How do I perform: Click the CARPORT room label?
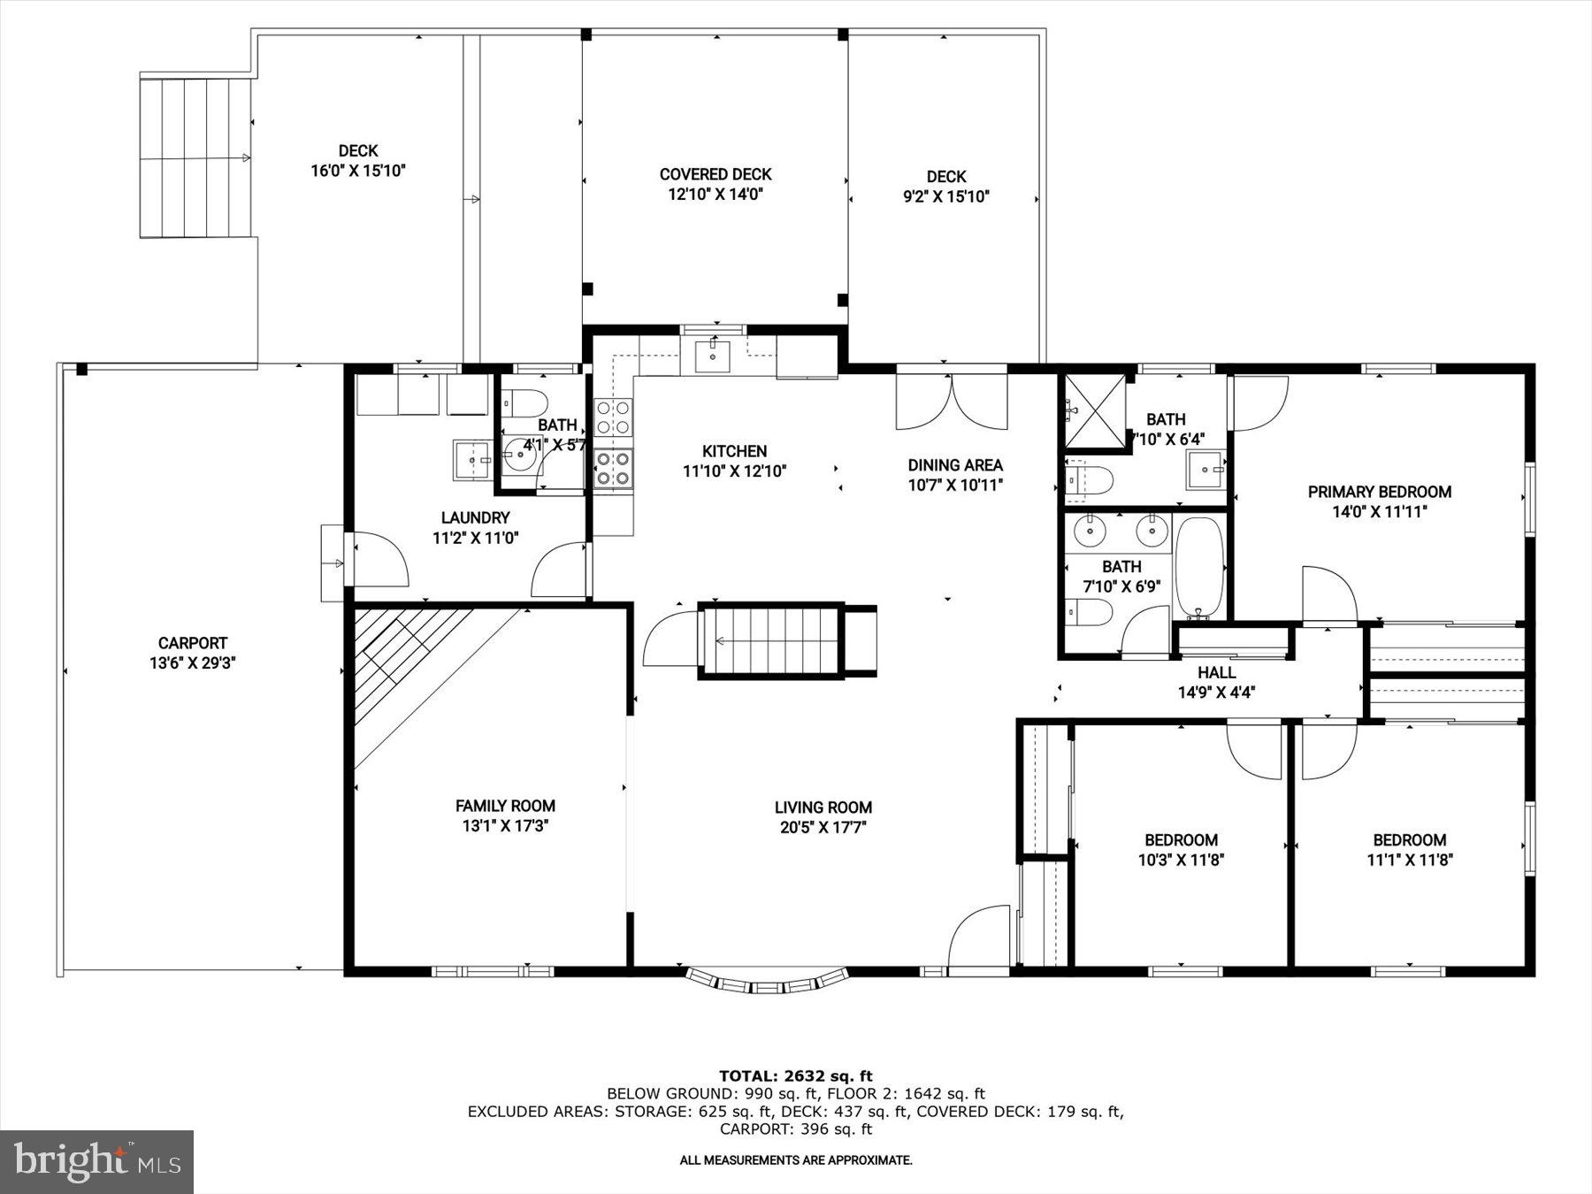coord(193,644)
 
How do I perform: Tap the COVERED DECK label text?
coord(716,175)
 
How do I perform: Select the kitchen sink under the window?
coord(713,356)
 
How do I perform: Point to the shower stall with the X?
coord(1095,412)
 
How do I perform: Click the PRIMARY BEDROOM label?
coord(1380,493)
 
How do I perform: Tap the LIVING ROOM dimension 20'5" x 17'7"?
coord(823,828)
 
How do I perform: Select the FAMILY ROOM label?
coord(505,806)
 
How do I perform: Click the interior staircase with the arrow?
coord(769,640)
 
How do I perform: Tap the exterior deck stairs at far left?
coord(195,157)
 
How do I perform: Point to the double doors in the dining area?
coord(952,402)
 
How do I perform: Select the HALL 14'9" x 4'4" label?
coord(1216,682)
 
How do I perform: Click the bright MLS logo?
coord(96,1161)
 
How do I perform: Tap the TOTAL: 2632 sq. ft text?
coord(795,1075)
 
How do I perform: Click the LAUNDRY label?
coord(476,518)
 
